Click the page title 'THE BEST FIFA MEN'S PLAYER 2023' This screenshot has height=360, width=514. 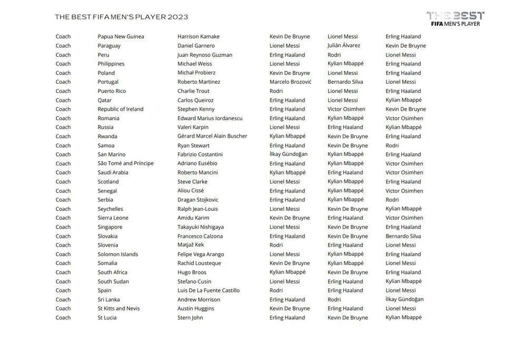coord(121,17)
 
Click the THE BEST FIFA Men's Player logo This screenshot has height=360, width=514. coord(455,19)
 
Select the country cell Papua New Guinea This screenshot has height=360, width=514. coord(121,36)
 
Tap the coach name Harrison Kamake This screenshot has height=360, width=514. coord(198,36)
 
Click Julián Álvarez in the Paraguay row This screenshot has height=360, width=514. coord(343,45)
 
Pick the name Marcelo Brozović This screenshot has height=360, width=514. coord(290,82)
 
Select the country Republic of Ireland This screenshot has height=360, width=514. coord(120,109)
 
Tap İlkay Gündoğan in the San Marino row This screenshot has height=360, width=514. coord(288,154)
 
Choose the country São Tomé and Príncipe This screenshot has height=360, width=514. coord(125,163)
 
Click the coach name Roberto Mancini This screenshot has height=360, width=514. coord(197,172)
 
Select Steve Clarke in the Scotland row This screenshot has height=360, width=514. coord(192,181)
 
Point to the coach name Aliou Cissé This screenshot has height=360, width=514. coord(190,191)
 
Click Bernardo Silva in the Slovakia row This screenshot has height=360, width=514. coord(403,236)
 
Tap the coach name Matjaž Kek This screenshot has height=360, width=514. coord(190,245)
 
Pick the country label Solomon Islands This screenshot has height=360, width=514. coord(117,254)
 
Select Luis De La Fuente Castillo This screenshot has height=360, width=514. coord(208,290)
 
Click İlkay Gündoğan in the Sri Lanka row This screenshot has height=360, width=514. coord(404,299)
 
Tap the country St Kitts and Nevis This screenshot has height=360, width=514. coord(118,308)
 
